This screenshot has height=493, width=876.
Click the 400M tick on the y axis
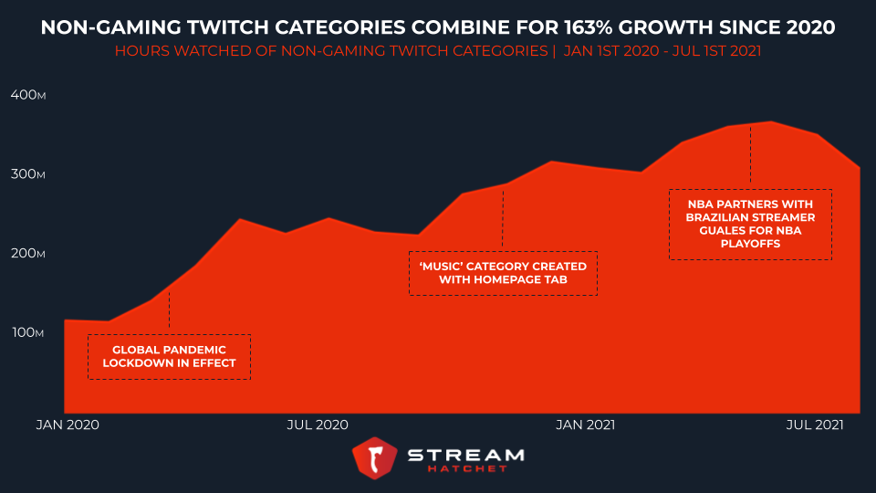click(27, 95)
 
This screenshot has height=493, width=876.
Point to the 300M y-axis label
click(27, 174)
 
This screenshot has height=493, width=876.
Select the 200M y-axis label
click(27, 254)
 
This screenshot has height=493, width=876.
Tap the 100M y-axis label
click(27, 333)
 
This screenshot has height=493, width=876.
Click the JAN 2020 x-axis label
click(68, 425)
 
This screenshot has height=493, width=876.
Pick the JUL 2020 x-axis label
click(318, 425)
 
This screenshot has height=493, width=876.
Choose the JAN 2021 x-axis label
click(585, 425)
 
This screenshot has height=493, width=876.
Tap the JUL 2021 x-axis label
click(815, 425)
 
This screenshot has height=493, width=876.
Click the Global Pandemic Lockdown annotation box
click(169, 357)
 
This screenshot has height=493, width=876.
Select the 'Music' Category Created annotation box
click(503, 273)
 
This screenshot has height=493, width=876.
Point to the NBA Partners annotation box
click(750, 225)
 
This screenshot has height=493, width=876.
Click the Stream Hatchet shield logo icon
click(374, 457)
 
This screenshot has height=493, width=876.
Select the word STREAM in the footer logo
click(465, 454)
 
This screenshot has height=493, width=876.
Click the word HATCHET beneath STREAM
click(465, 469)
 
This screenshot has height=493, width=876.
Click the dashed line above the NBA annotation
click(750, 155)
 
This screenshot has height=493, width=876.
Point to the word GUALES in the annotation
click(711, 231)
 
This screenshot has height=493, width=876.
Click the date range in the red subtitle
click(662, 52)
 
